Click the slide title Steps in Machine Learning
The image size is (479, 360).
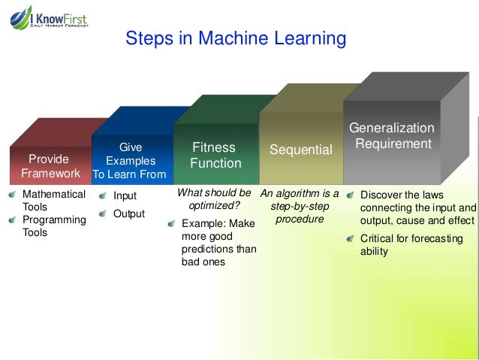[x=235, y=38]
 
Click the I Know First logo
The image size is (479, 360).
[x=50, y=17]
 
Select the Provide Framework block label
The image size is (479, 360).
[x=49, y=166]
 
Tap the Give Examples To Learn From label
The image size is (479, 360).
[x=130, y=161]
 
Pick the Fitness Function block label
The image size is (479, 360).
[x=215, y=155]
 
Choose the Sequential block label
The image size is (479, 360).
[x=300, y=150]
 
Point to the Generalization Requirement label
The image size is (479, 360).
[x=393, y=135]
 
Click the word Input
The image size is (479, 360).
[x=125, y=196]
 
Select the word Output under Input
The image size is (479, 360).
[x=128, y=213]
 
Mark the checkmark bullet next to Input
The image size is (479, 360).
[x=102, y=196]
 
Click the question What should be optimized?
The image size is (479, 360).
[x=214, y=198]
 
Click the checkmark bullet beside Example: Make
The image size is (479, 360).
[x=174, y=223]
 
